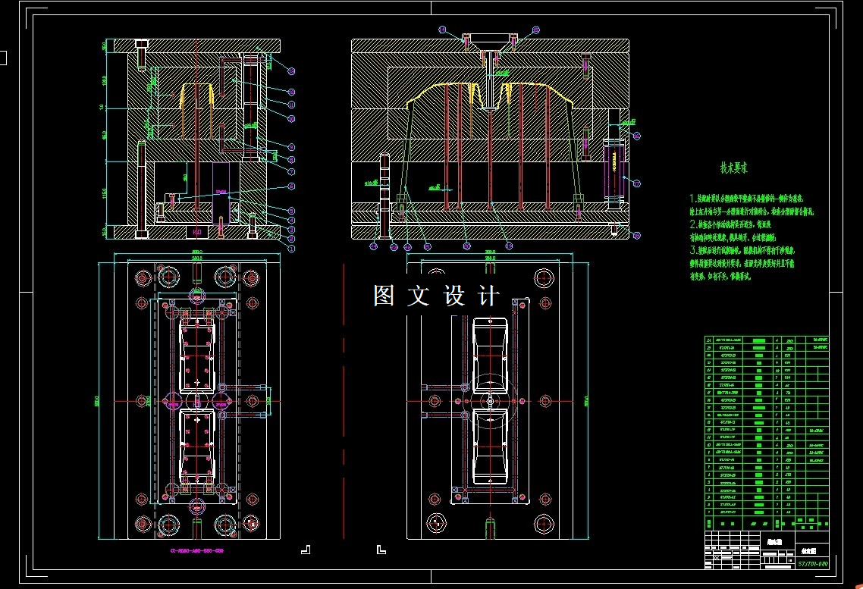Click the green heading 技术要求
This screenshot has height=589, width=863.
pyautogui.click(x=734, y=168)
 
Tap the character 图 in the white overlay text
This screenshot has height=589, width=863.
pyautogui.click(x=384, y=296)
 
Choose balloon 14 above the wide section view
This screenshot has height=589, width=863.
pyautogui.click(x=444, y=30)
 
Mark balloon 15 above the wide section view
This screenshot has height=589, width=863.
pyautogui.click(x=536, y=30)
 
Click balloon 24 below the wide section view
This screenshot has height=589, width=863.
pyautogui.click(x=374, y=246)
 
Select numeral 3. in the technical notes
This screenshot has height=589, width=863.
pyautogui.click(x=692, y=249)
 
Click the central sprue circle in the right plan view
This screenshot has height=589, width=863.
pyautogui.click(x=490, y=399)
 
